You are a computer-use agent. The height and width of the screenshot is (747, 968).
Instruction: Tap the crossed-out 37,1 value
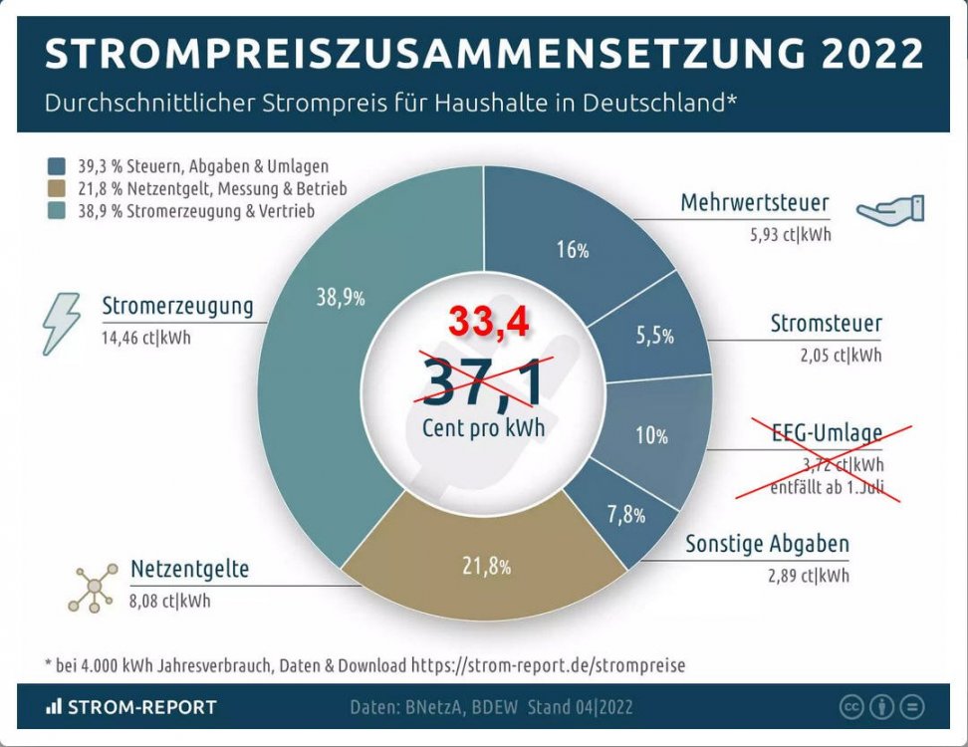484,381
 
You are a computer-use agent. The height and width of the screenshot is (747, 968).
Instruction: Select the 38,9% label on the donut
340,296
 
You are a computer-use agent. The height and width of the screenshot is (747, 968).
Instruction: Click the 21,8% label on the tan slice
486,567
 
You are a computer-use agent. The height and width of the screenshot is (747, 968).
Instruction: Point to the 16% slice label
573,250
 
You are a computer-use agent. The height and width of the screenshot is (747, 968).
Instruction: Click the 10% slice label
651,435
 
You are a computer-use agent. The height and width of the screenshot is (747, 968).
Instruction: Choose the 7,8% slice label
625,515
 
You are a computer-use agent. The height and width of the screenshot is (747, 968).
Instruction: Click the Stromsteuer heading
826,324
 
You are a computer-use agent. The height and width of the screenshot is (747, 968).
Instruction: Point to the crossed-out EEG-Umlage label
827,433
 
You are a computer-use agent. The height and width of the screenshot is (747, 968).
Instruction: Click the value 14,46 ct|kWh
145,338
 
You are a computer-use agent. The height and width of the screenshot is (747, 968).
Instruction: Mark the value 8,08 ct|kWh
170,601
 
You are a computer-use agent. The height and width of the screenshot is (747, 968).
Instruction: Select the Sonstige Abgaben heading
767,545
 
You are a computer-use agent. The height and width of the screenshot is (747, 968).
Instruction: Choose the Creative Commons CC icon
850,706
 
